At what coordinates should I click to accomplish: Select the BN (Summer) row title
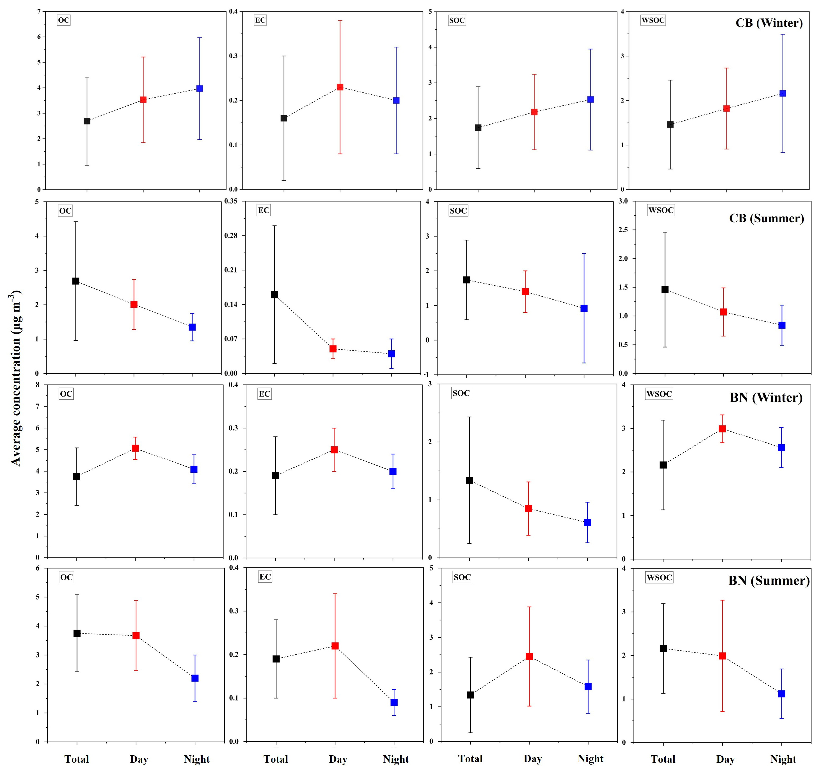pos(769,581)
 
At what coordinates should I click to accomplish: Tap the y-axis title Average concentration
pos(15,378)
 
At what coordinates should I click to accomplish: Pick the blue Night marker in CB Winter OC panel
pos(200,88)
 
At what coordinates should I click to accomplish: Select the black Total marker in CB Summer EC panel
pos(274,294)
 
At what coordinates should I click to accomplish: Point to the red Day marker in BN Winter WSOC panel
pos(722,429)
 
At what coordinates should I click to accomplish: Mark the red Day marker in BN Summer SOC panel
pos(529,656)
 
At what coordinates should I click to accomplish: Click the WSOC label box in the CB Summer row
pos(661,210)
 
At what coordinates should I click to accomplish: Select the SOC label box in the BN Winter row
pos(461,393)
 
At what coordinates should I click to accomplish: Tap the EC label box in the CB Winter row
pos(260,20)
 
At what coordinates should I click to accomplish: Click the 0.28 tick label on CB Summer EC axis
pos(231,235)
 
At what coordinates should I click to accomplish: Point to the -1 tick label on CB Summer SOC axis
pos(427,374)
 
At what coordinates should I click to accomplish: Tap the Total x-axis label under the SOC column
pos(470,758)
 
